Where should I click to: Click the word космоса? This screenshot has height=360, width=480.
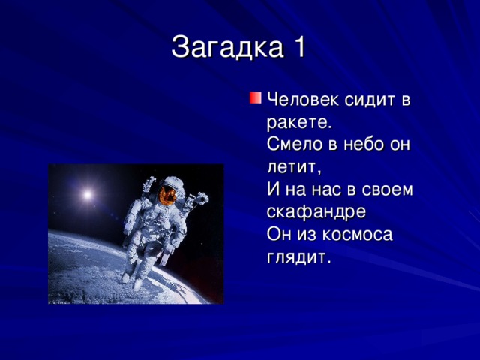[x=357, y=235]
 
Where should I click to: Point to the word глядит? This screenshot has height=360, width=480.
[x=298, y=258]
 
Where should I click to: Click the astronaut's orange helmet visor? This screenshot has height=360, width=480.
[x=169, y=195]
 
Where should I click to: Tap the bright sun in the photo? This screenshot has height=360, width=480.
[x=87, y=195]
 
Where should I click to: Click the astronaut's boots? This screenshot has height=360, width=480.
[x=132, y=278]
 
